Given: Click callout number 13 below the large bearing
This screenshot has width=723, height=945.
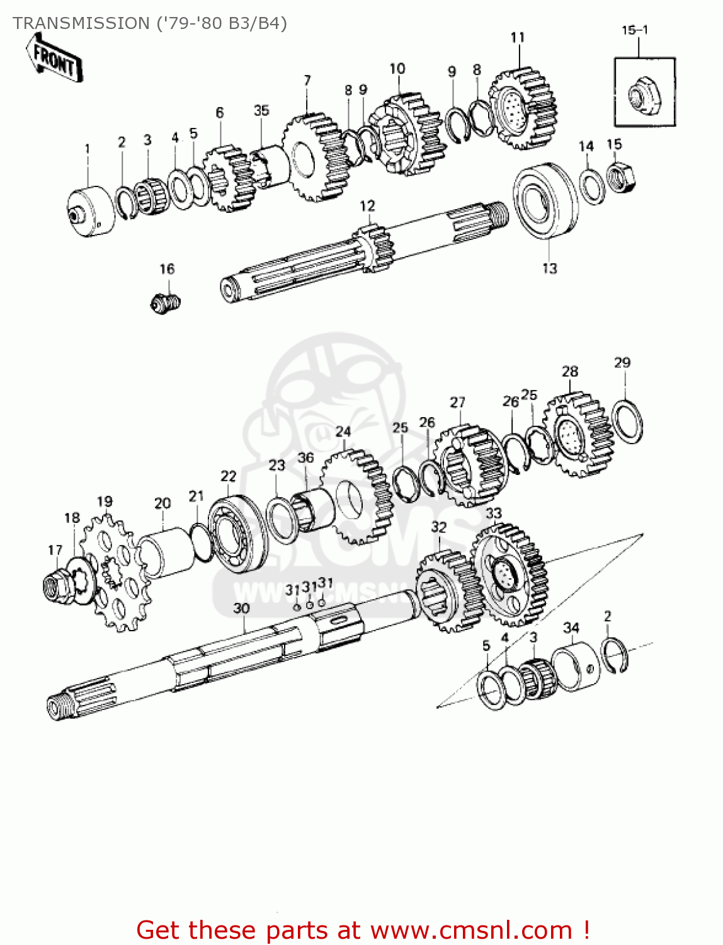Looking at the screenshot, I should [549, 268].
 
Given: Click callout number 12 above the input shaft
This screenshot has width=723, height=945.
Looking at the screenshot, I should [367, 206].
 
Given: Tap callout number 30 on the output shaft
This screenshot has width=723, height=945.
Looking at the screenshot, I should [241, 609].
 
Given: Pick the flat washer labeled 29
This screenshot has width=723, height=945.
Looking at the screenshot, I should [627, 421].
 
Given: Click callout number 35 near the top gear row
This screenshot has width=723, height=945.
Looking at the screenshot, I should [261, 110].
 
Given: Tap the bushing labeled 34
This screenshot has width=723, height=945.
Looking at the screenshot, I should [576, 667].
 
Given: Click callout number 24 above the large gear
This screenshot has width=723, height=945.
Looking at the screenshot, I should [343, 432].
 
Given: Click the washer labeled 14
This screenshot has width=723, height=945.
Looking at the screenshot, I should [591, 186].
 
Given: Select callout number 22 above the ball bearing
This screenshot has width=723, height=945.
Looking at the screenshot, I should [228, 476].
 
